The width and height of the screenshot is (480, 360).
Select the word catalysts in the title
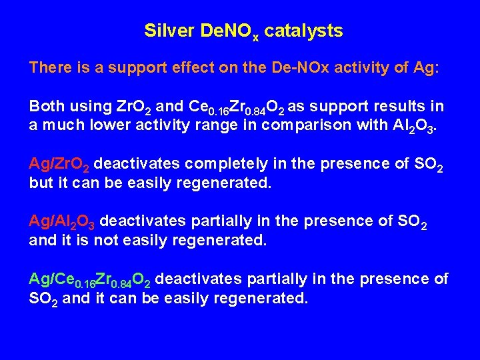[x=304, y=31]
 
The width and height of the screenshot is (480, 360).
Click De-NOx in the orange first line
[x=295, y=68]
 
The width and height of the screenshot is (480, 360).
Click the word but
[x=39, y=182]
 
